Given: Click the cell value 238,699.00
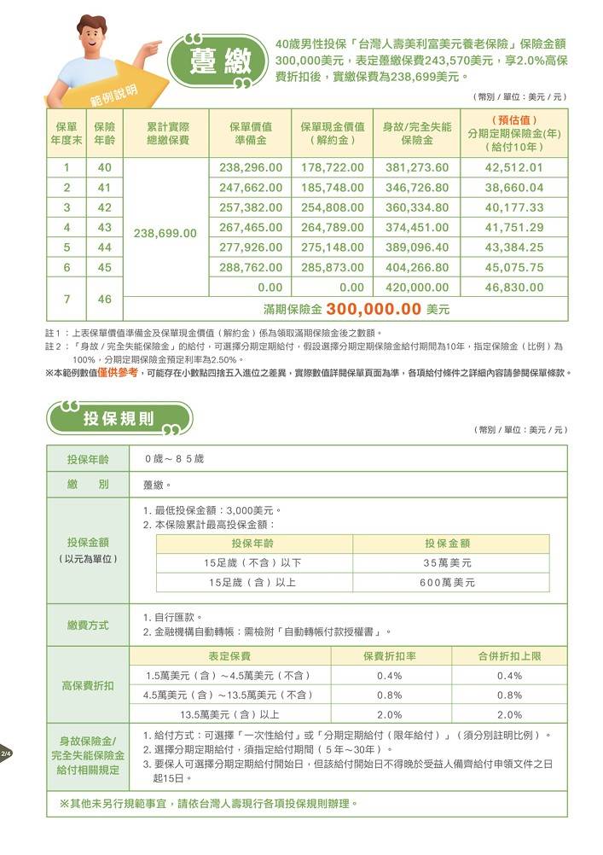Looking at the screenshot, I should (x=166, y=233).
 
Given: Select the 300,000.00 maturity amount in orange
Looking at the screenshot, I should (x=374, y=308).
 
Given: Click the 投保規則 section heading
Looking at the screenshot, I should (x=119, y=419).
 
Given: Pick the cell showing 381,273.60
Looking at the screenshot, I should (x=417, y=167).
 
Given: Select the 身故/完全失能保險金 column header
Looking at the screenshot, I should (x=417, y=133).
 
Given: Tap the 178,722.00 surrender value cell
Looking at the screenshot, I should (x=333, y=167).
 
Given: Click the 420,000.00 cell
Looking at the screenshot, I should (x=417, y=288).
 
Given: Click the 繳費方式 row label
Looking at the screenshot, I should (x=89, y=625).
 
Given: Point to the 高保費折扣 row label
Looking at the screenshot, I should (x=89, y=685).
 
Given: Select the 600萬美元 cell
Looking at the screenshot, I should (x=448, y=582).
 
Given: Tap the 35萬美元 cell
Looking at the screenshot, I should (x=448, y=563).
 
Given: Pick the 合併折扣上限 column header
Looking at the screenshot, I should (x=509, y=656).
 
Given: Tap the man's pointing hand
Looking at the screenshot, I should (x=154, y=44).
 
